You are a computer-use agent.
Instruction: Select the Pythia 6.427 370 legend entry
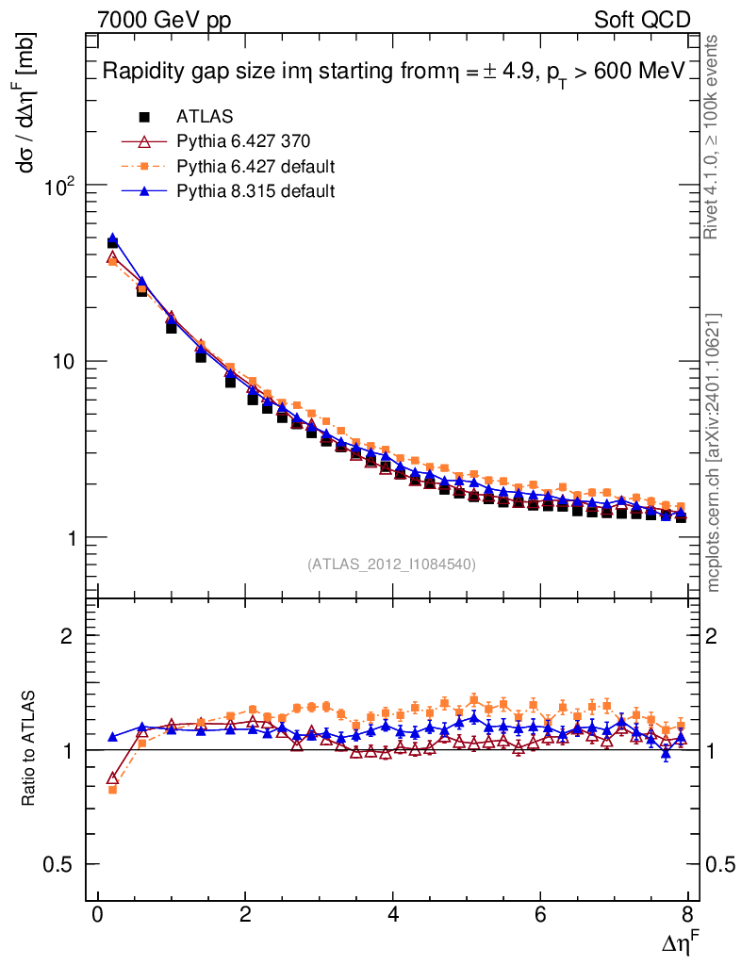coord(242,141)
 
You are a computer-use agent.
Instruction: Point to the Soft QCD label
coord(642,19)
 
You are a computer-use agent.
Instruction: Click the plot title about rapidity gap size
coord(392,73)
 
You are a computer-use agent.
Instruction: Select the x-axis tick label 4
coord(393,915)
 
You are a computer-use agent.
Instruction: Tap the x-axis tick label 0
coord(97,915)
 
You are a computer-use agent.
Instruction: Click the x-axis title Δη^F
coord(678,943)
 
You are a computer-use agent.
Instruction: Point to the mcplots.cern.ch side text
coord(714,453)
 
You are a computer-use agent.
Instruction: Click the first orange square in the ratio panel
coord(112,790)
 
